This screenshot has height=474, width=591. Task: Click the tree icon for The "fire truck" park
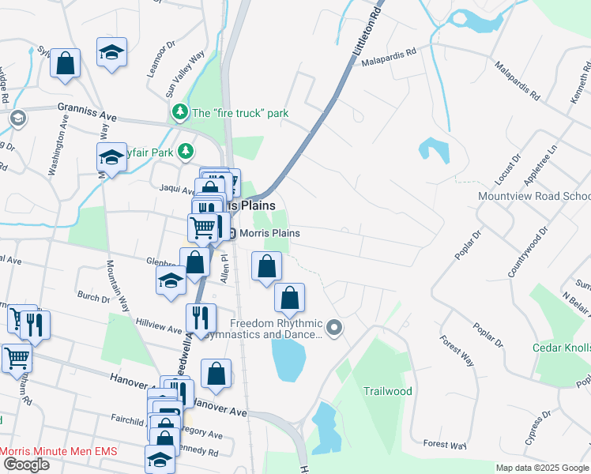point(181,113)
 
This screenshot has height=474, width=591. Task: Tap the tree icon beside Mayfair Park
point(185,150)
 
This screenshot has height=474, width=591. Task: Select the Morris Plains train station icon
point(232,233)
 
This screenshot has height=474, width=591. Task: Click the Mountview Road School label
point(533,196)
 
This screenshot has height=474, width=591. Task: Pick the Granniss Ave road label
point(86,111)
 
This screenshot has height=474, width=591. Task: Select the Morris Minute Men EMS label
point(58,451)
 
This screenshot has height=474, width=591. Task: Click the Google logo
point(26,465)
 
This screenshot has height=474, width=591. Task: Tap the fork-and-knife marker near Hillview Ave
point(201,317)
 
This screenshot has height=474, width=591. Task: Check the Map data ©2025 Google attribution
point(541,468)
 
